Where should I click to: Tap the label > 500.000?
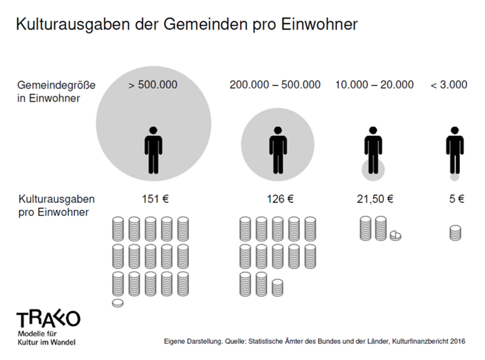tap(152, 85)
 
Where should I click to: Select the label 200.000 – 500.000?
tap(275, 85)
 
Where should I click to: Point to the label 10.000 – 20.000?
tap(374, 85)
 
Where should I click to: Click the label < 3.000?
tap(448, 85)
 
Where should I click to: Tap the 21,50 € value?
tap(374, 199)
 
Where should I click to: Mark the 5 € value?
tap(456, 199)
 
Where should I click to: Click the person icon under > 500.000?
tap(153, 151)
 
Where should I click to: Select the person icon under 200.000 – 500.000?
tap(277, 151)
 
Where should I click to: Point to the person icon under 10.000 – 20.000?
tap(373, 151)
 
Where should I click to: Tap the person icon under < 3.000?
tap(455, 151)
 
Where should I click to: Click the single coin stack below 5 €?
tap(455, 233)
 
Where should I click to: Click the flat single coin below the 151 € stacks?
tap(118, 303)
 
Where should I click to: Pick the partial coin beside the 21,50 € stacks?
tap(395, 236)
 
